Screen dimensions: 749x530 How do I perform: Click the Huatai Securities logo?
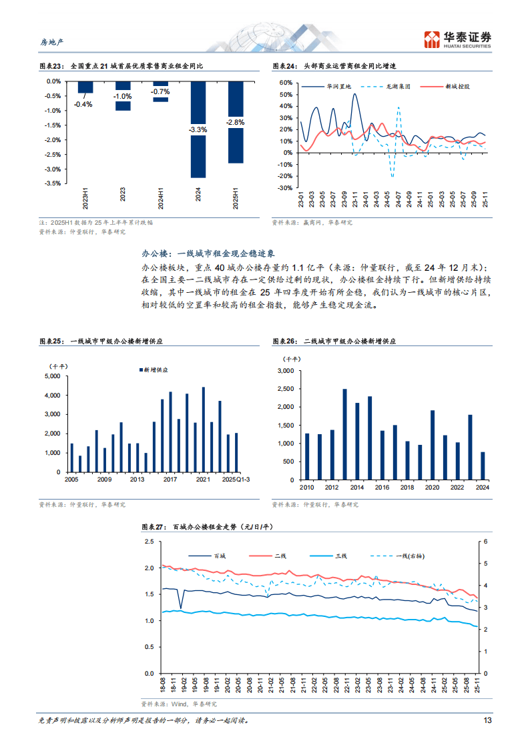tap(458, 39)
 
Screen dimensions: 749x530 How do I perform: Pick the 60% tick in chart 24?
tap(286, 83)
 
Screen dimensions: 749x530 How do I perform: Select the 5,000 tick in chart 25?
tap(52, 376)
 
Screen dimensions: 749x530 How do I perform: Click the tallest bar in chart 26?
tap(344, 434)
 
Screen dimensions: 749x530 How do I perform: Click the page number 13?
tap(487, 720)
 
